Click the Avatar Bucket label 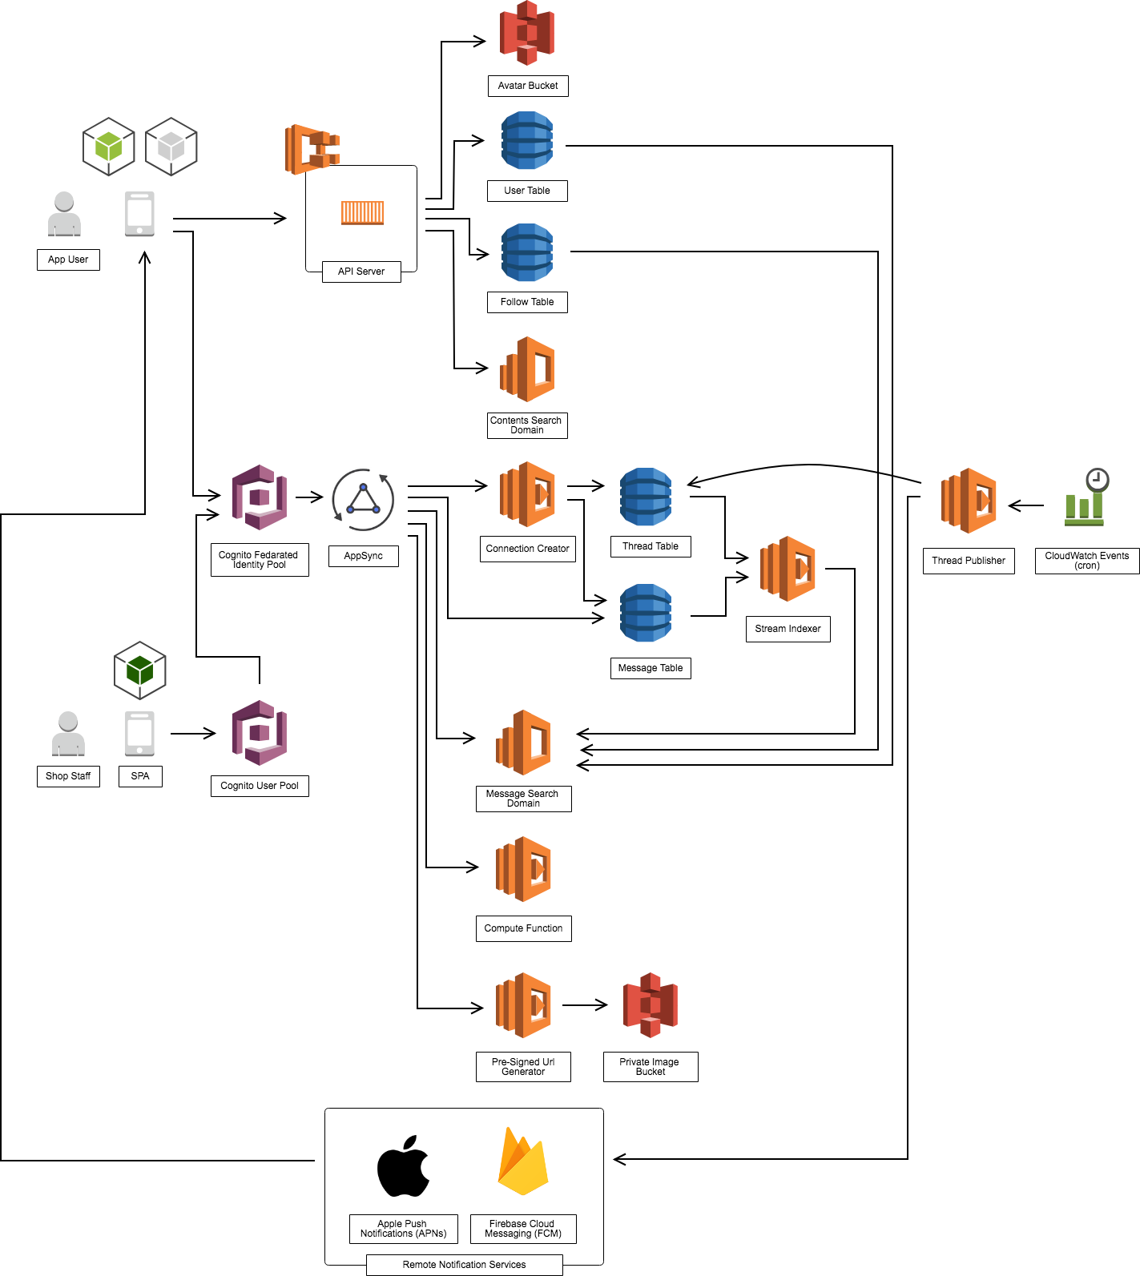tap(528, 86)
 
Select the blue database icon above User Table tap(527, 141)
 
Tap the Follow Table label tap(527, 302)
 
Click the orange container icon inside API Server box tap(362, 213)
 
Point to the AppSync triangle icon tap(363, 500)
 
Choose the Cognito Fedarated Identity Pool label tap(259, 560)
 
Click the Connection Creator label tap(527, 549)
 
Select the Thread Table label tap(650, 546)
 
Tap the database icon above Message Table tap(646, 614)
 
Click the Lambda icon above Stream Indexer tap(788, 569)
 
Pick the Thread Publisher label tap(968, 561)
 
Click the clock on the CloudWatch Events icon tap(1097, 480)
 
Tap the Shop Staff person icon tap(68, 734)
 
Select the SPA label tap(140, 776)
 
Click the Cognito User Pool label tap(259, 786)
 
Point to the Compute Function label tap(523, 928)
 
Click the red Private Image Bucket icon tap(651, 1005)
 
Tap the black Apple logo tap(403, 1166)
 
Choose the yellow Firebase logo tap(522, 1162)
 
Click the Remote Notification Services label tap(464, 1265)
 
